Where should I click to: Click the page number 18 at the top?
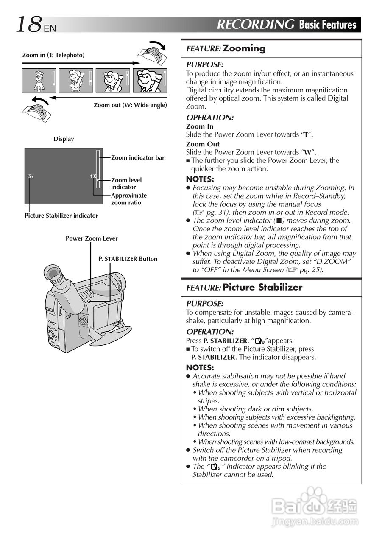click(28, 25)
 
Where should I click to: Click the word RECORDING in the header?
click(255, 25)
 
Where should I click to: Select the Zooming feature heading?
click(244, 48)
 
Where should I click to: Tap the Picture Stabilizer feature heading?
click(262, 287)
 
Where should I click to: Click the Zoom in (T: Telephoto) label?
click(53, 55)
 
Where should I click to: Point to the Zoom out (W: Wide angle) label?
click(130, 105)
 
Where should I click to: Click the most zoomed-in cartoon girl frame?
click(150, 80)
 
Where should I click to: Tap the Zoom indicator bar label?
click(137, 158)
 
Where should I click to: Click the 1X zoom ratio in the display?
click(93, 176)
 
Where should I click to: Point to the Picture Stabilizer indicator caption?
click(61, 216)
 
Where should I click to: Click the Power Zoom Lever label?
click(92, 238)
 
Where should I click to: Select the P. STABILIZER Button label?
click(128, 259)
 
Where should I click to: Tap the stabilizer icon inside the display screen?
click(30, 176)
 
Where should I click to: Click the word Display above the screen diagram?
click(64, 139)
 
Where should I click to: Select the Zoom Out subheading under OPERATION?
click(203, 144)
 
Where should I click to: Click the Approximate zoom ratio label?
click(128, 199)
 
